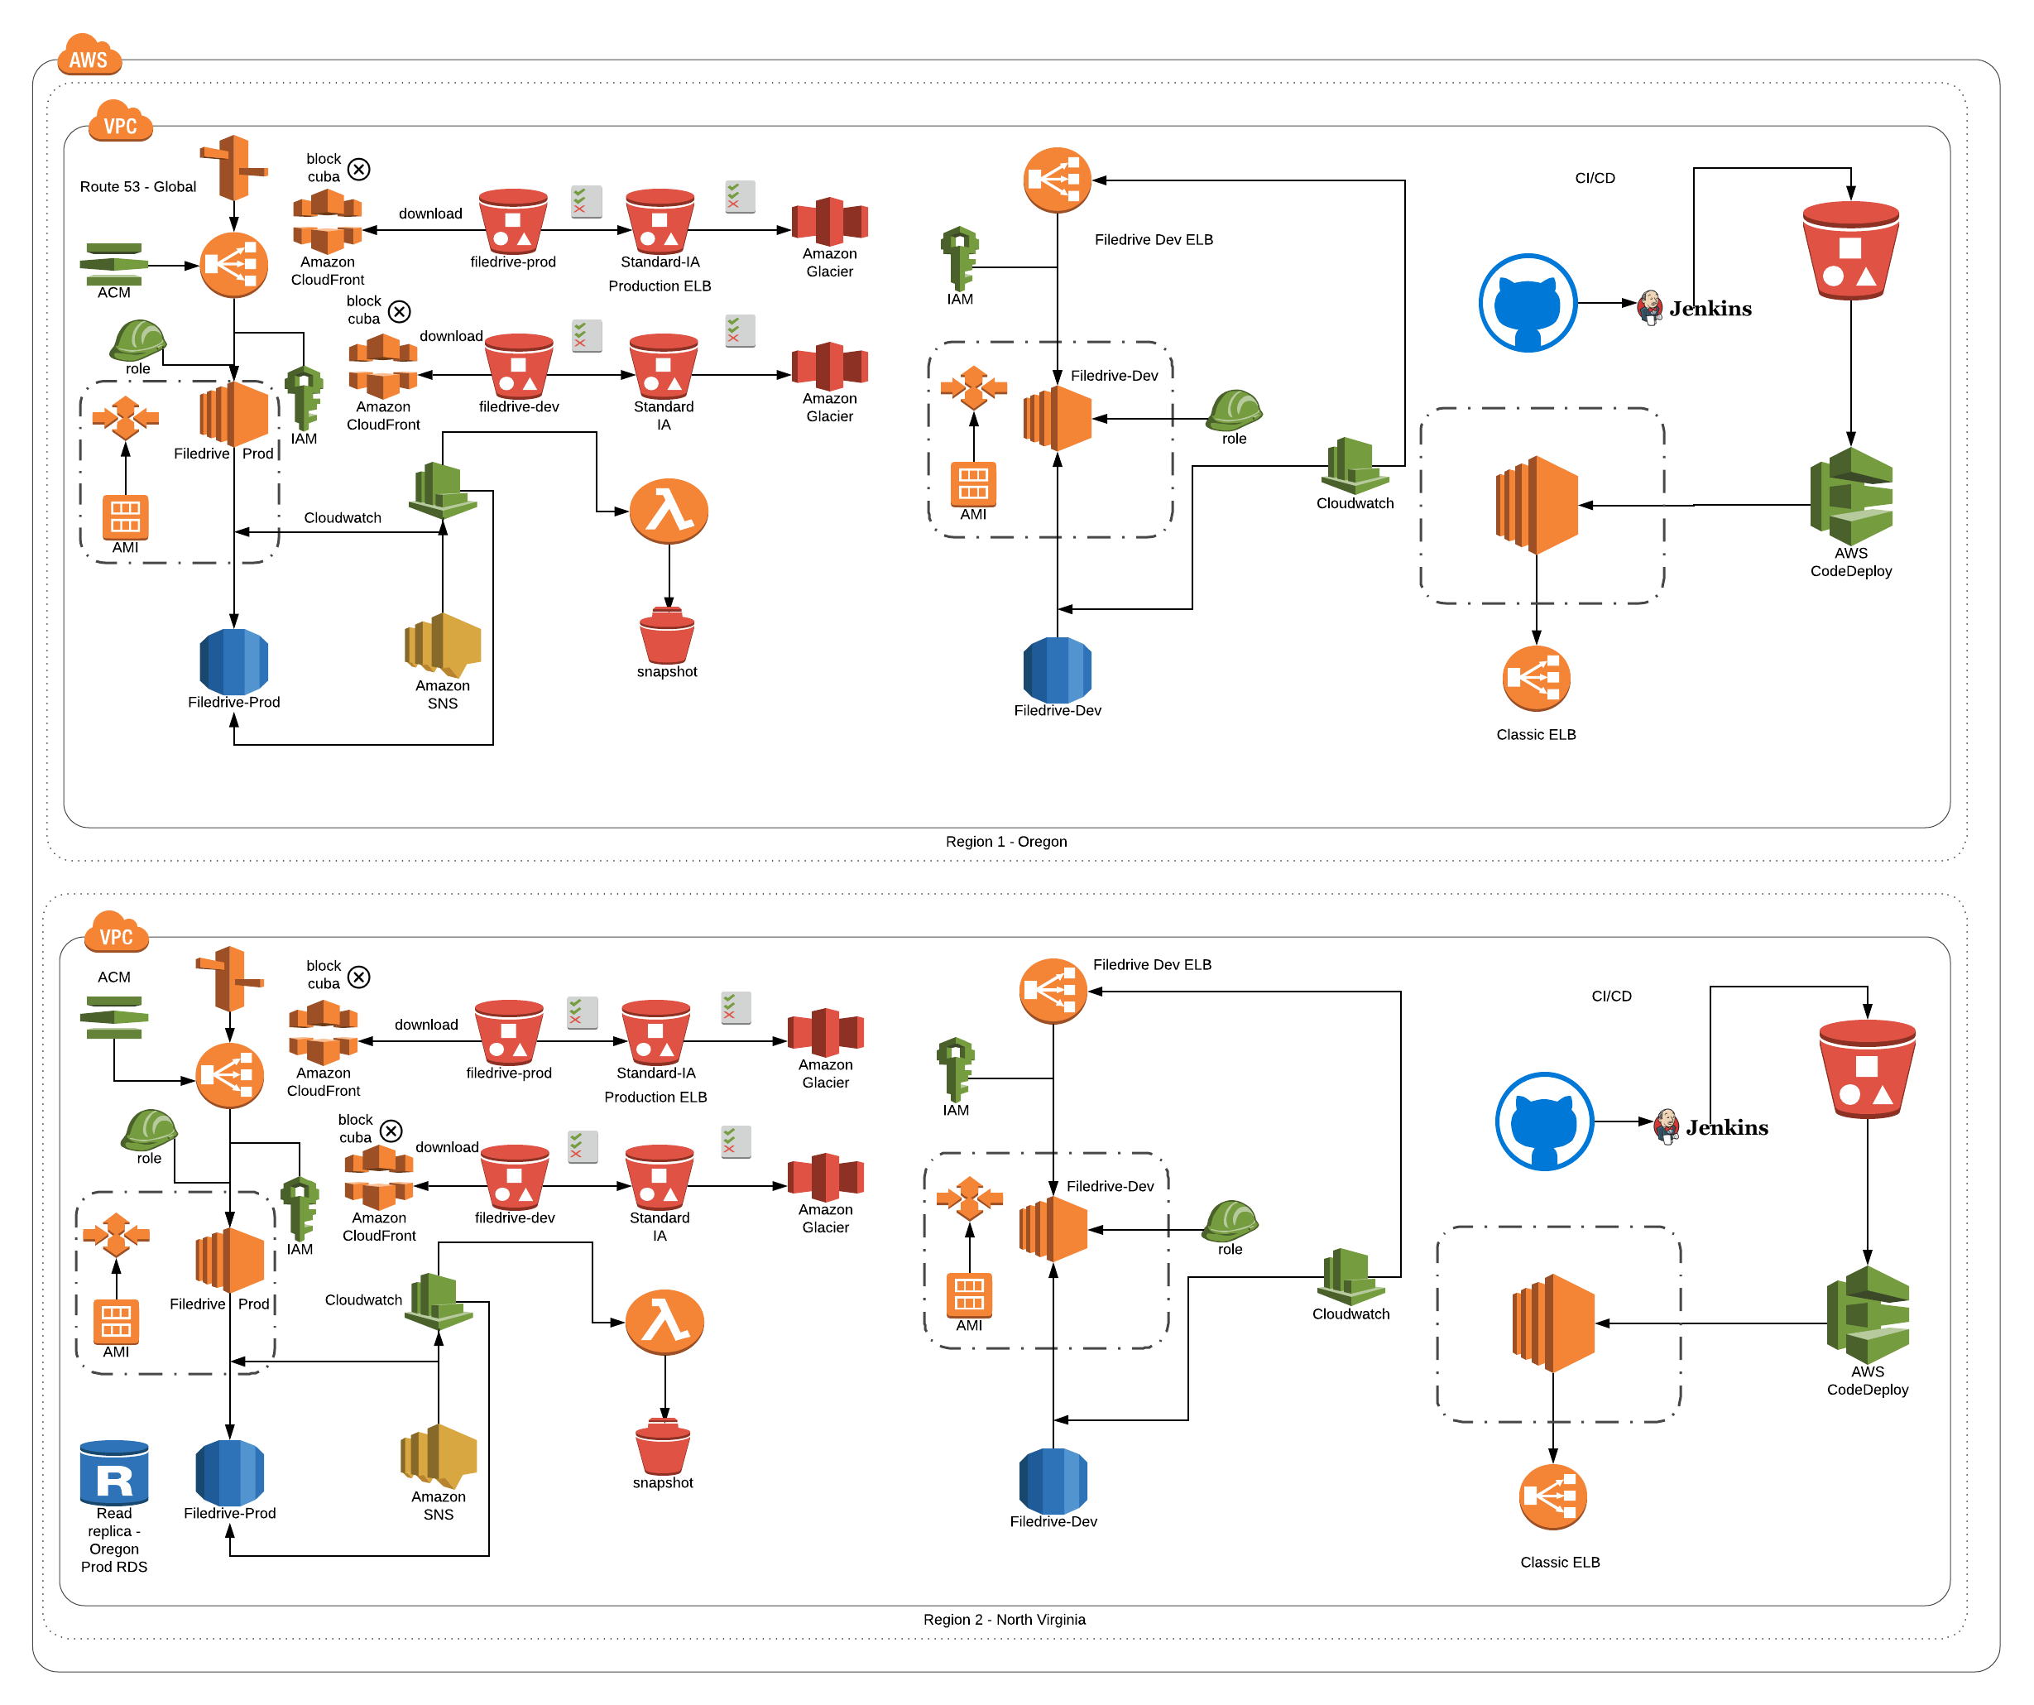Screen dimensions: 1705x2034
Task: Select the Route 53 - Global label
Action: click(x=137, y=187)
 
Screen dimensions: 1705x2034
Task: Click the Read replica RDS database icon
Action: click(x=114, y=1473)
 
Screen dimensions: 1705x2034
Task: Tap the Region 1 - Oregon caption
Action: click(x=1006, y=842)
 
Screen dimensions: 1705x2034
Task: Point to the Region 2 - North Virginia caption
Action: click(x=1005, y=1620)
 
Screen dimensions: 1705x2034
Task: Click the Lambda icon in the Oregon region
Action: click(x=669, y=511)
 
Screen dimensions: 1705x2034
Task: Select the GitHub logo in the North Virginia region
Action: click(x=1544, y=1121)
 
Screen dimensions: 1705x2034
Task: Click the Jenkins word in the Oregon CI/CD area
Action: click(x=1710, y=309)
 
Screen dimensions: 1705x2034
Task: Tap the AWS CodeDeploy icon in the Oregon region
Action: click(x=1851, y=496)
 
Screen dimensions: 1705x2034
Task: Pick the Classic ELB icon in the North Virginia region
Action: click(x=1552, y=1496)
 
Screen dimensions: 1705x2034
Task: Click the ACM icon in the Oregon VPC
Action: click(x=113, y=262)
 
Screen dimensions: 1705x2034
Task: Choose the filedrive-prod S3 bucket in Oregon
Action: click(x=513, y=221)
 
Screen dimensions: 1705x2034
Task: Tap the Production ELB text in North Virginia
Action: click(x=655, y=1097)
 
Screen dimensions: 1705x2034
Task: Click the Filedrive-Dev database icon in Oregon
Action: click(x=1057, y=670)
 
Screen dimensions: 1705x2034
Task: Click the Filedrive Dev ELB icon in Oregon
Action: click(x=1057, y=180)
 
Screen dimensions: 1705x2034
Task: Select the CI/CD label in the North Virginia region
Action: click(x=1612, y=996)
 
